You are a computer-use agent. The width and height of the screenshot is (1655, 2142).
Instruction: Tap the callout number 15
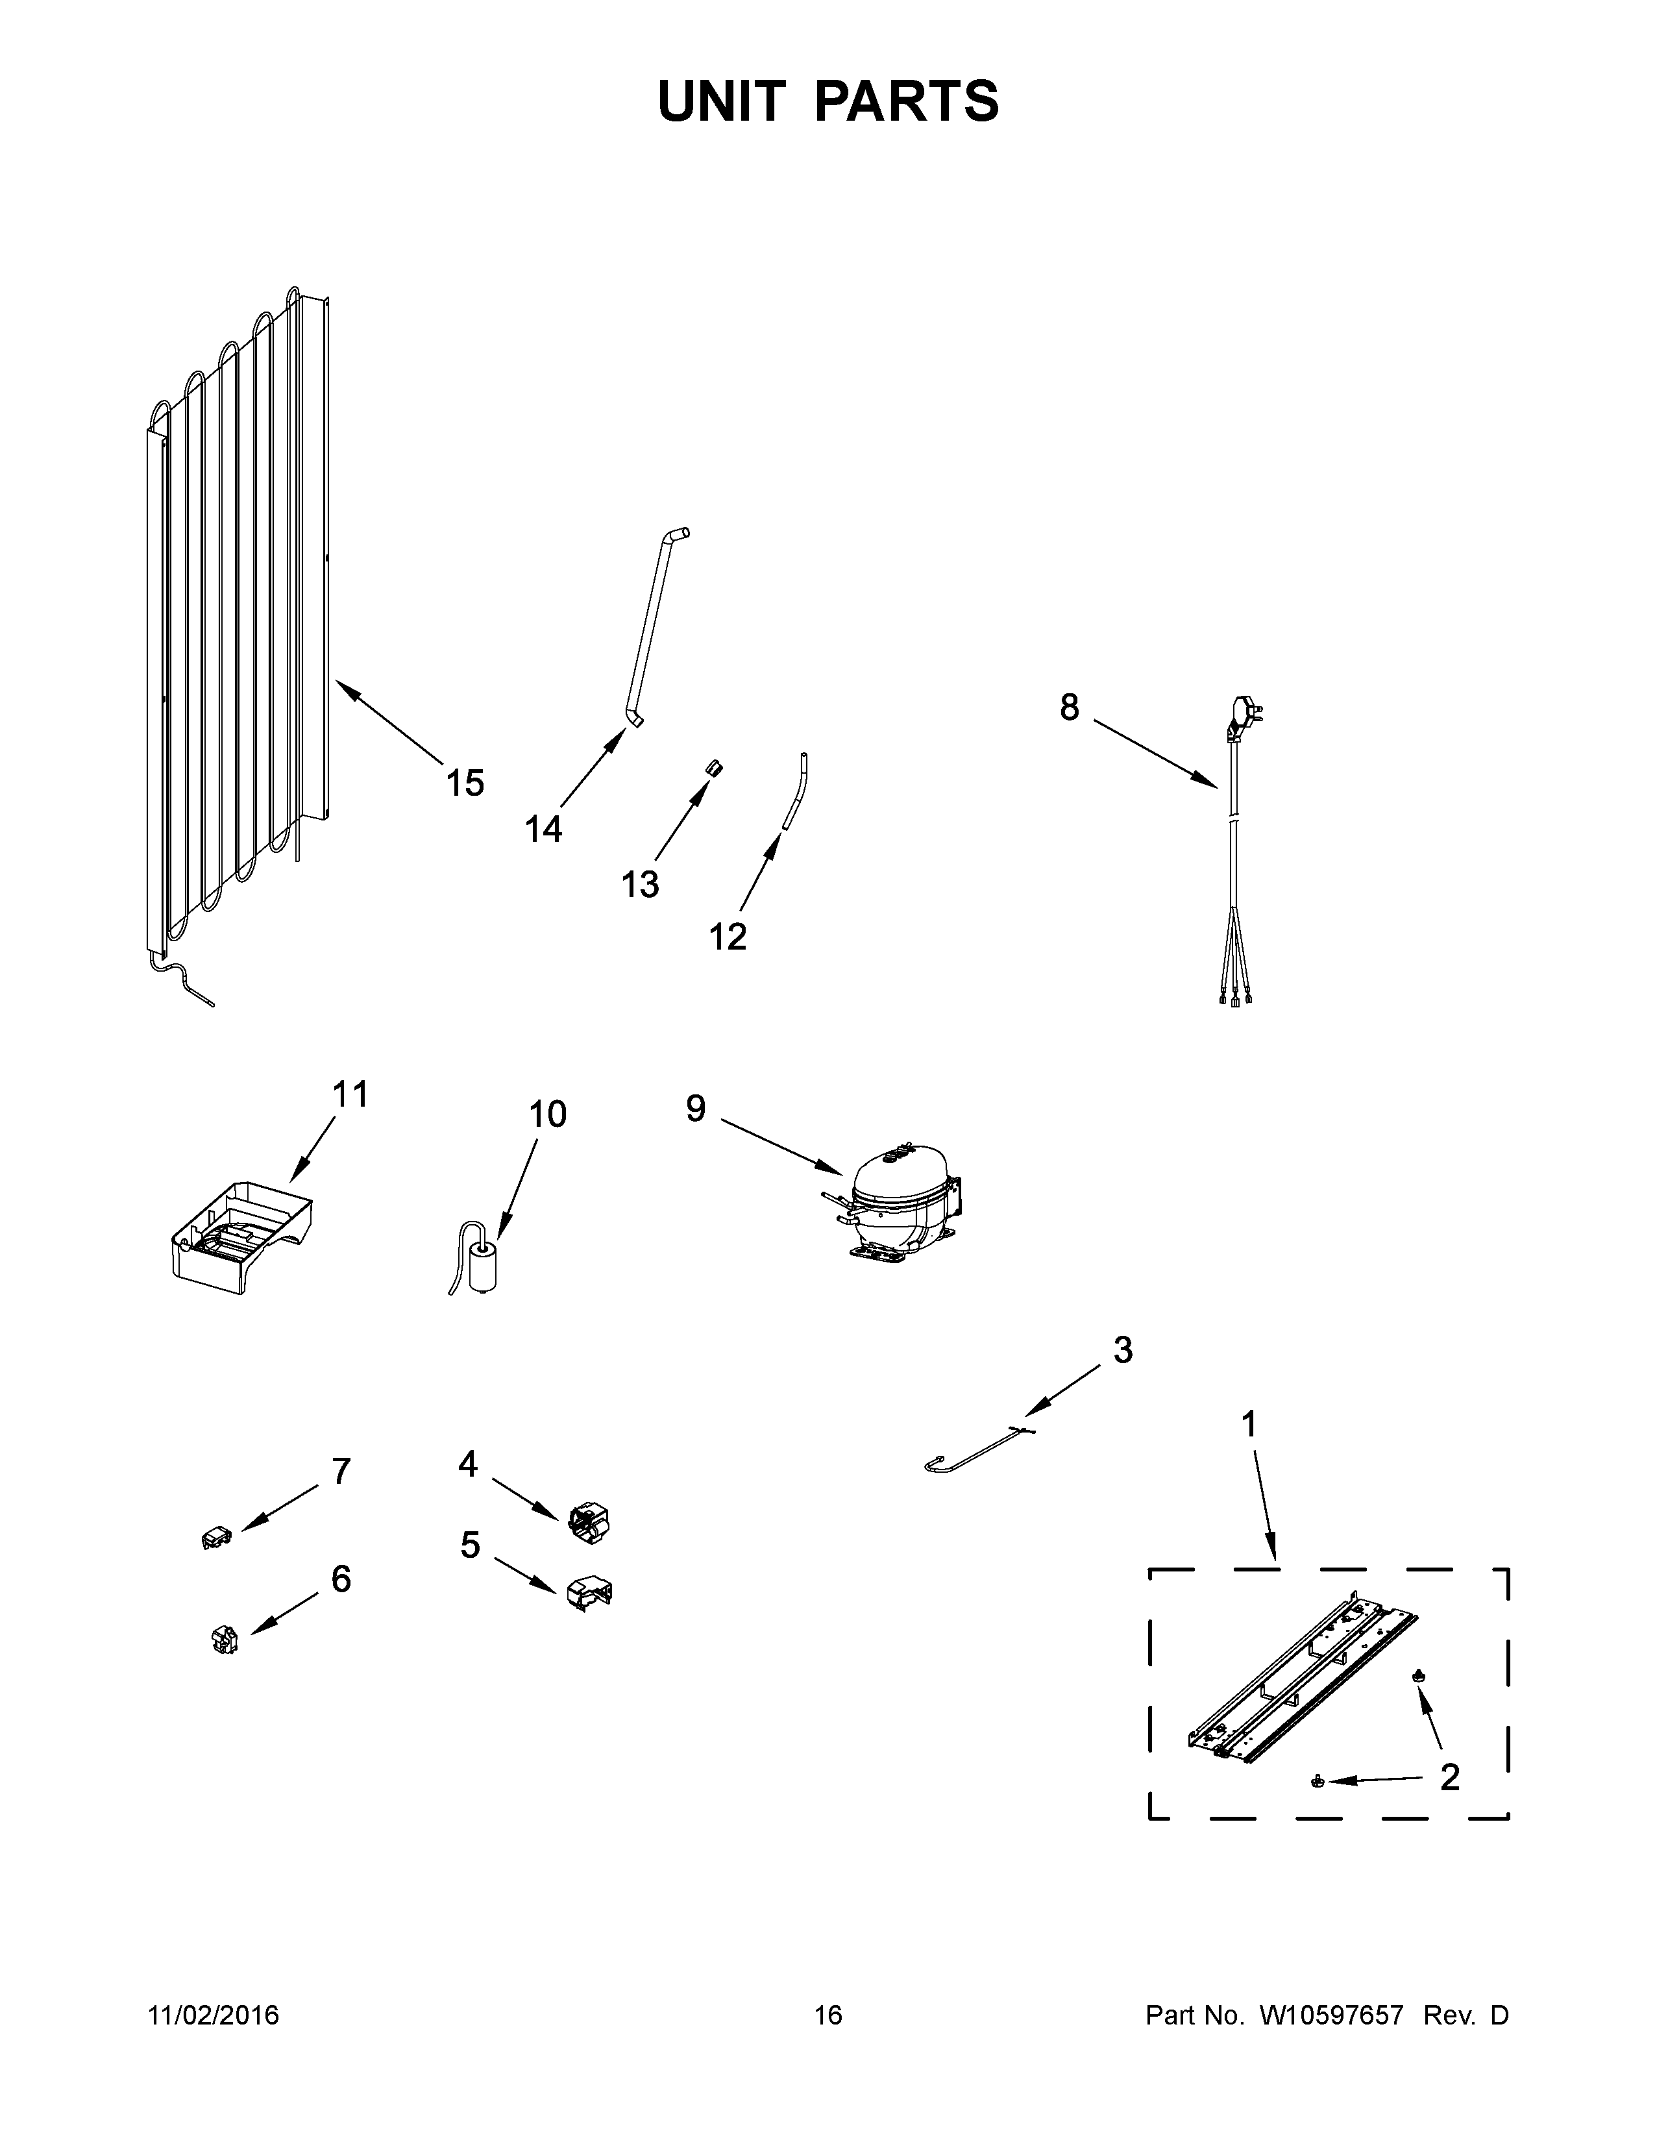[465, 783]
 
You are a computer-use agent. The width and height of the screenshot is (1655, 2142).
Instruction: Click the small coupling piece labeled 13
[714, 767]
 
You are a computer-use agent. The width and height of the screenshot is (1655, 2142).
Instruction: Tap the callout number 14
[543, 829]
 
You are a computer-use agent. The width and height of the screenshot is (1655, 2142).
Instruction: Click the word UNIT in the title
[722, 101]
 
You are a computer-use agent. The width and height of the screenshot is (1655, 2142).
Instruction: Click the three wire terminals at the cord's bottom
[1234, 1000]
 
